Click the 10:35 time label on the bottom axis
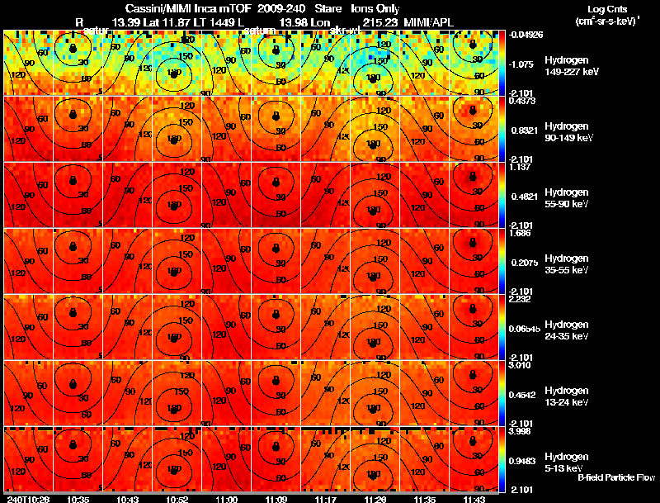79,499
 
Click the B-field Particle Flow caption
615,477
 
